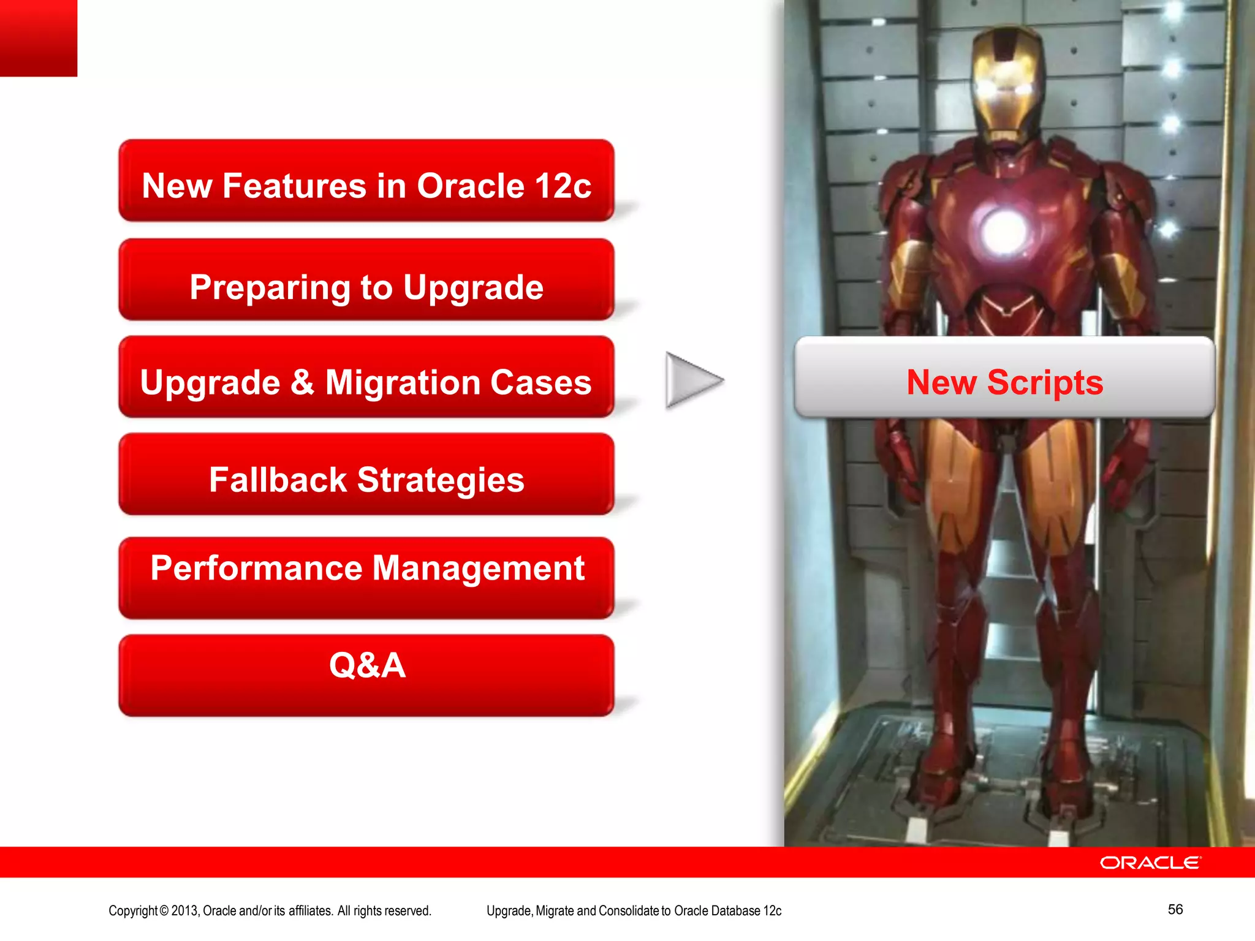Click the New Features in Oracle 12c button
(366, 181)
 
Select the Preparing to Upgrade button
(366, 280)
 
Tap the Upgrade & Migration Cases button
(366, 377)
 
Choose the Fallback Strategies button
(366, 474)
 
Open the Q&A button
(366, 674)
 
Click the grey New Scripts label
(1004, 377)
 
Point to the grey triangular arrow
(691, 380)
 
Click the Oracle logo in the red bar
(1150, 863)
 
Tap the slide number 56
(1175, 909)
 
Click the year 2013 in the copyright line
(184, 911)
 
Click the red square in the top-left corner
(38, 37)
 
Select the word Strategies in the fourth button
(441, 480)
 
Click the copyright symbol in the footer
(164, 911)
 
